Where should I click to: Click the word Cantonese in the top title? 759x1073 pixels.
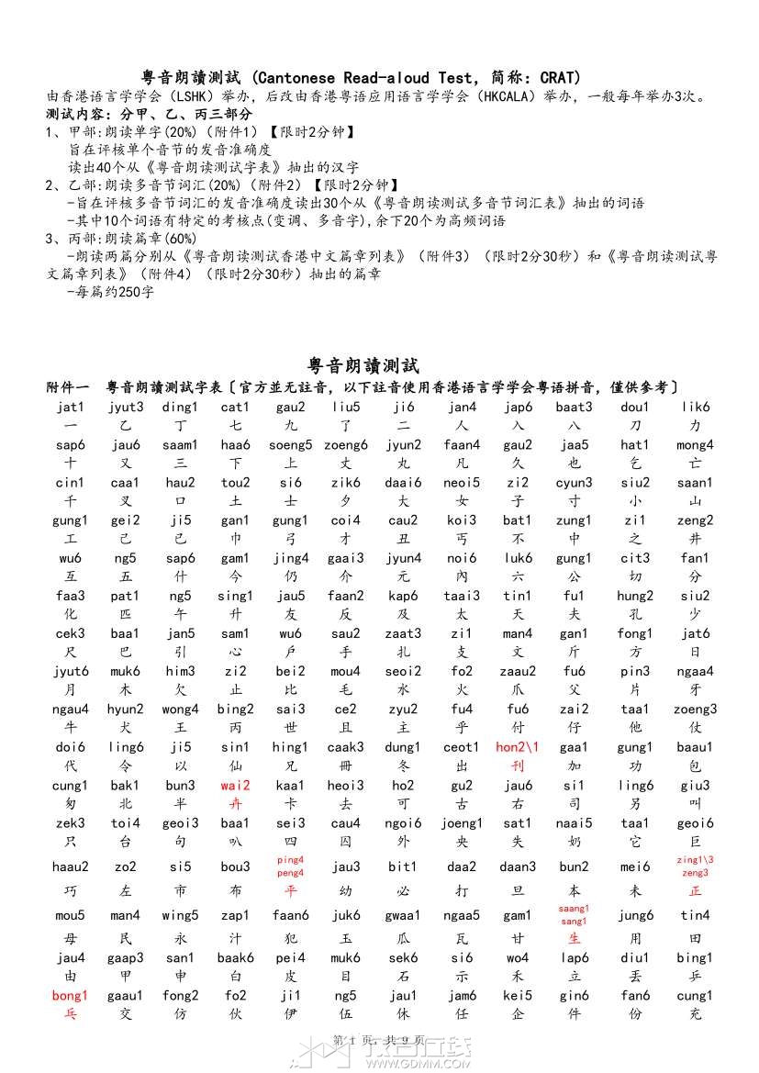[x=298, y=78]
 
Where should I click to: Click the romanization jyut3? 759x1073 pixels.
[x=126, y=408]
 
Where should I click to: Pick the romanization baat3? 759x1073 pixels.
[x=574, y=408]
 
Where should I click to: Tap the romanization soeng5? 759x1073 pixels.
[x=291, y=445]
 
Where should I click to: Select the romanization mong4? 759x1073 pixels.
[x=695, y=445]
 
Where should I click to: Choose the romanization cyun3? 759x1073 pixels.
[x=574, y=483]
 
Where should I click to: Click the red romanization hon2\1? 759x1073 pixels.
[x=518, y=747]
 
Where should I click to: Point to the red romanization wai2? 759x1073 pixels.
[x=235, y=786]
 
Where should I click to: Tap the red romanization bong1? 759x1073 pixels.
[x=70, y=996]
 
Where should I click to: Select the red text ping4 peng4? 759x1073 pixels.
[x=290, y=866]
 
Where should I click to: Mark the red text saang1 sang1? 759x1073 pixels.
[x=574, y=914]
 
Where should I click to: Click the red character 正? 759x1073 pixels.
[x=695, y=891]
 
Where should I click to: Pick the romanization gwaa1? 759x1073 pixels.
[x=403, y=915]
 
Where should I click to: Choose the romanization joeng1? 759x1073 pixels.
[x=461, y=823]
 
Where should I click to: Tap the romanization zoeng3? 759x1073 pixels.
[x=695, y=710]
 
